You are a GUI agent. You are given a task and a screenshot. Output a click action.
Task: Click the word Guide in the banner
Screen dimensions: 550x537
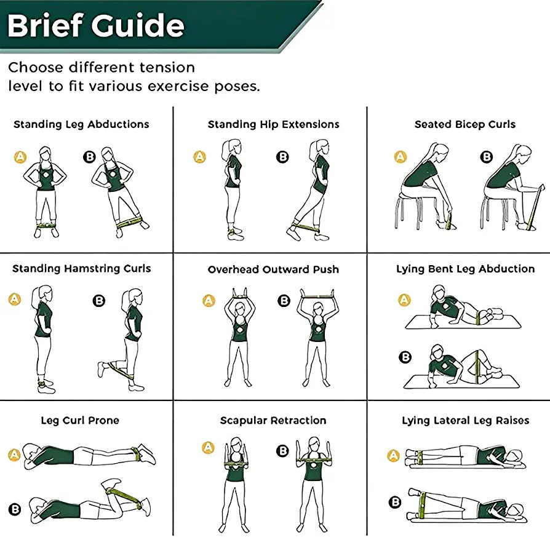tap(138, 25)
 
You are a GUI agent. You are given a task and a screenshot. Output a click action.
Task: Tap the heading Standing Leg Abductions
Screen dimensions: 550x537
tap(81, 124)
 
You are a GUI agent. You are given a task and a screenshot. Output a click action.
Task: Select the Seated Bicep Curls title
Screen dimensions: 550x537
tap(465, 124)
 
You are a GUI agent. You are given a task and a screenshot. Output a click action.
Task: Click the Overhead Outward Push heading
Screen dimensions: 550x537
tap(273, 269)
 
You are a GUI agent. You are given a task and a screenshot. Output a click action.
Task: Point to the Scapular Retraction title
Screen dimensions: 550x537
tap(273, 420)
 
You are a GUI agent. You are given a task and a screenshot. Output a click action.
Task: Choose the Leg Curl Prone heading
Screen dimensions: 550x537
tap(80, 420)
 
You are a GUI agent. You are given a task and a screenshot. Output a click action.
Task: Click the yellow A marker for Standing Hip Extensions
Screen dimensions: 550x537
tap(199, 156)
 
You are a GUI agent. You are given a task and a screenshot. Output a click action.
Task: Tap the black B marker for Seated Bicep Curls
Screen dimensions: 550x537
tap(486, 156)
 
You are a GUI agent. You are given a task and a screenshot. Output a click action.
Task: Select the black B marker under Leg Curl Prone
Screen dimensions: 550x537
tap(15, 509)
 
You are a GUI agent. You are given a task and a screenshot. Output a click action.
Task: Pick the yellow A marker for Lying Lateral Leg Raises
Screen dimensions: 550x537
tap(393, 456)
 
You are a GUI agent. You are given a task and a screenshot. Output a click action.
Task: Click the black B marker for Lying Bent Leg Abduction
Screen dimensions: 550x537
tap(405, 357)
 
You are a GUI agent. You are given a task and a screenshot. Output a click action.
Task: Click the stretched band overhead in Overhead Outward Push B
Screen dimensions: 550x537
tap(318, 296)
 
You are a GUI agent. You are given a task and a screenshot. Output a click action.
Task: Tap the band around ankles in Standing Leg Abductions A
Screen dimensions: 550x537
tap(46, 225)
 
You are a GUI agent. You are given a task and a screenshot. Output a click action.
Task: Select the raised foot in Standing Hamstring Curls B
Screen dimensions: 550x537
tap(101, 370)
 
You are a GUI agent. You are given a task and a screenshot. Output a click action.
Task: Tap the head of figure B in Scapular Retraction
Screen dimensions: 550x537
tap(314, 444)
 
